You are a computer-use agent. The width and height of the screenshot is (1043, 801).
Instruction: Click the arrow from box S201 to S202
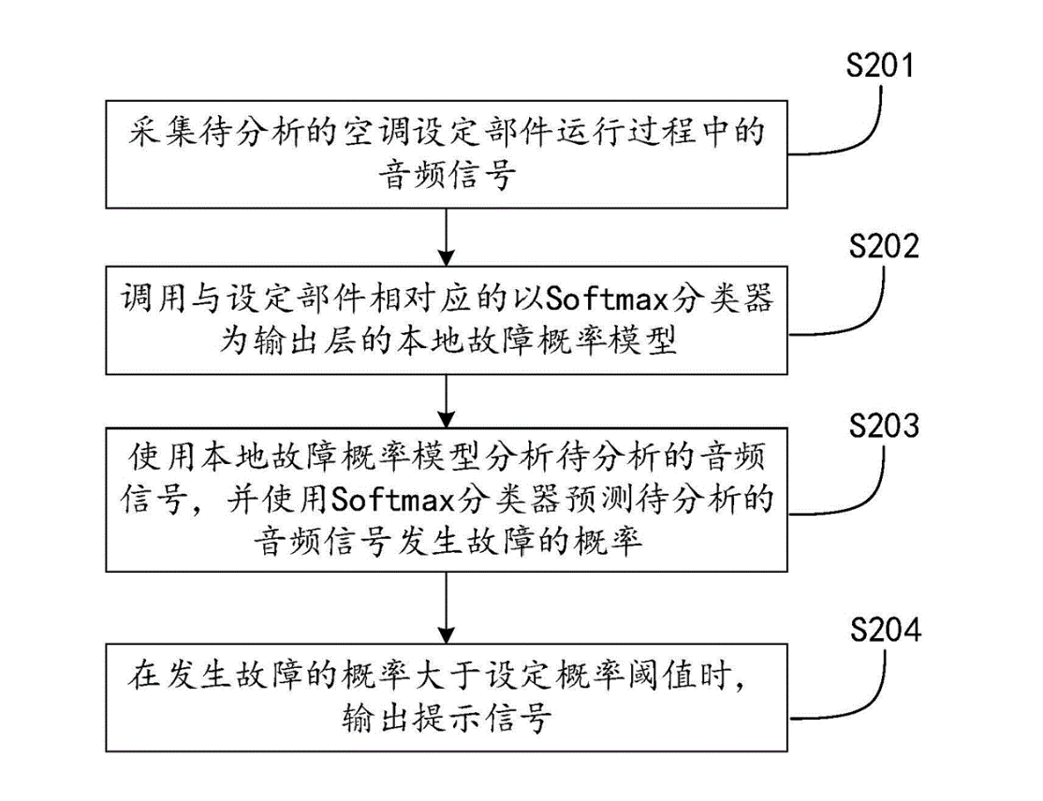pyautogui.click(x=448, y=234)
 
